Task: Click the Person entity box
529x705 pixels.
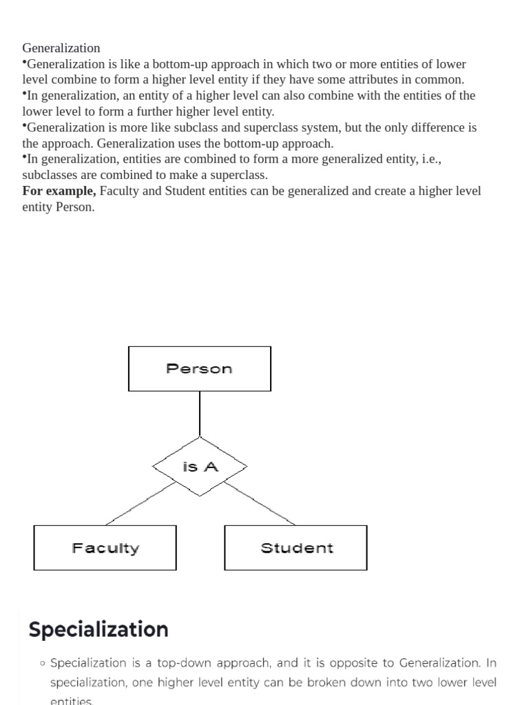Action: (x=199, y=368)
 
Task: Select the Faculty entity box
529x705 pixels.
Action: (x=105, y=548)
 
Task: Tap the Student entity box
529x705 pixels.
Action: (x=295, y=548)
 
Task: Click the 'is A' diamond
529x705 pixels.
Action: (x=200, y=467)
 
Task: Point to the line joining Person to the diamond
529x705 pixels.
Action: (x=200, y=414)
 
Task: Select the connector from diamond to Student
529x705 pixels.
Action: (x=260, y=503)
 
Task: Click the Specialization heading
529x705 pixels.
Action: (x=98, y=629)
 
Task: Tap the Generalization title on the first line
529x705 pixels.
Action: (x=61, y=48)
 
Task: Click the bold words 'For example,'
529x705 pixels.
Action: (x=59, y=191)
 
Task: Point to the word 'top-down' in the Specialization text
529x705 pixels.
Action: (x=245, y=663)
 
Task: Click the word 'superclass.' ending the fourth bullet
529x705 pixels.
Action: (x=238, y=175)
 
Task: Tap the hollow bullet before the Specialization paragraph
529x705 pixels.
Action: (x=43, y=664)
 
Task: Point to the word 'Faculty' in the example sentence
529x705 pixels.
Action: (x=119, y=191)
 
